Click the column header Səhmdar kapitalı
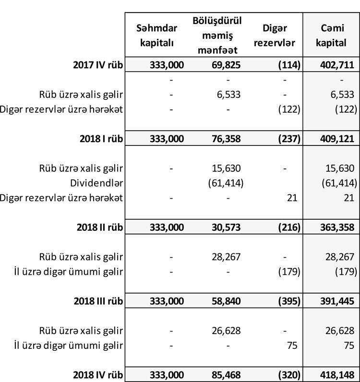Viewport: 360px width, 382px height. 156,36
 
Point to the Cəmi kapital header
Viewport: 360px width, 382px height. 332,36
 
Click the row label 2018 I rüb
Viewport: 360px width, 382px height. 100,139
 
